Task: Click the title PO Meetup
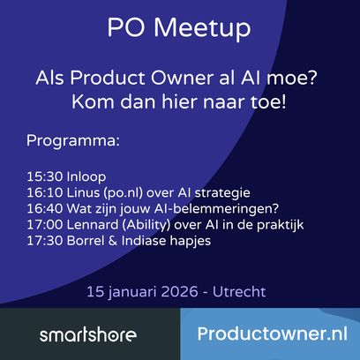(179, 28)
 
